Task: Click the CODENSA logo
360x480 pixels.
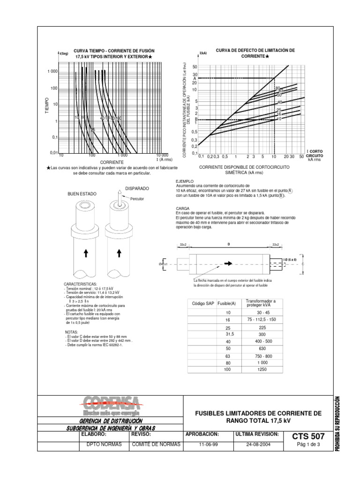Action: click(x=111, y=406)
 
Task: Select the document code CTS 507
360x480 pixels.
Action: click(x=308, y=437)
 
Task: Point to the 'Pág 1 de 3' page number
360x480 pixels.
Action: click(x=308, y=445)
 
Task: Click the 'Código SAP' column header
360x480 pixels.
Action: click(x=202, y=304)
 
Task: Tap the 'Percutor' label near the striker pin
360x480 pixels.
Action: click(x=137, y=199)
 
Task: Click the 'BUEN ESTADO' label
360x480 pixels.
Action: click(x=82, y=193)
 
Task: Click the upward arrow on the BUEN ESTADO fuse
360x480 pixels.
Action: click(x=86, y=254)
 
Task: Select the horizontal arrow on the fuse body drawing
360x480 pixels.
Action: click(x=228, y=264)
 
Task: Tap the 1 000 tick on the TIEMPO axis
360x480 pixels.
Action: click(x=52, y=71)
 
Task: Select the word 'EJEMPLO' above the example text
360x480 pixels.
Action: click(x=185, y=181)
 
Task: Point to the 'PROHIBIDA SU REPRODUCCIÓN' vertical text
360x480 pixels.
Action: click(x=337, y=424)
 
